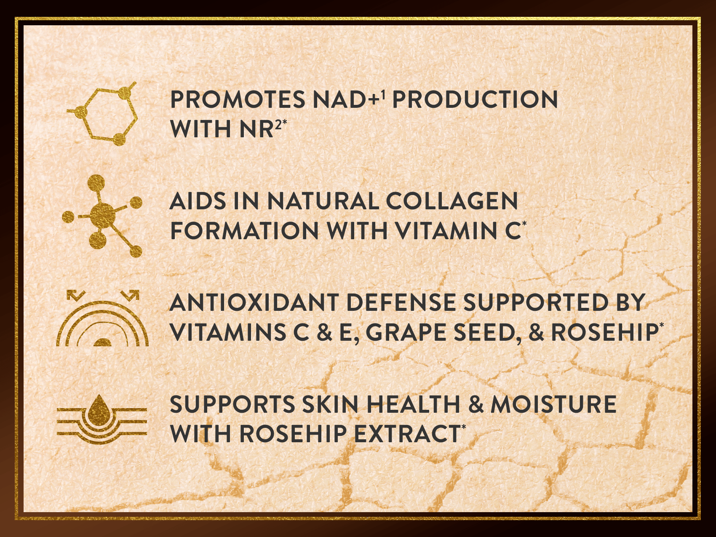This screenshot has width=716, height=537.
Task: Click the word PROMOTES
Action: point(238,99)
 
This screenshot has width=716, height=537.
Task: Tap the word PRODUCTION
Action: point(475,99)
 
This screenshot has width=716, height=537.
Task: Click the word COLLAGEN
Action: point(452,201)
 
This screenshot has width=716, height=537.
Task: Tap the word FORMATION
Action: point(244,231)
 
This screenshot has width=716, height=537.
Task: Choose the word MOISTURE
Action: point(553,404)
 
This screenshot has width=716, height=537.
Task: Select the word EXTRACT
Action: point(407,434)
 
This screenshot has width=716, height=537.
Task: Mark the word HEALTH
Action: point(414,404)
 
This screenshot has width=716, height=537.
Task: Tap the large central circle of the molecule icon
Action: point(102,215)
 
